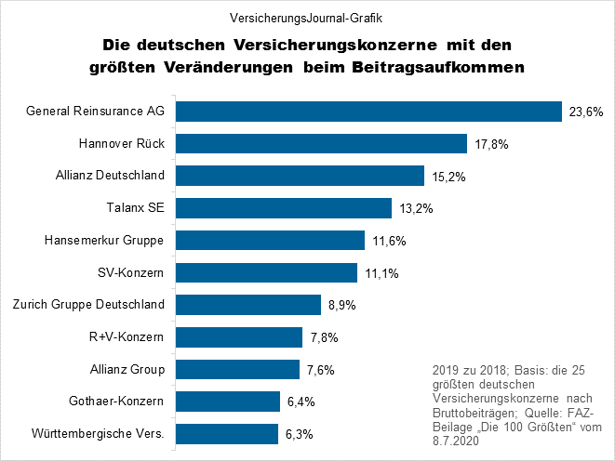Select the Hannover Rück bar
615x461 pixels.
click(321, 143)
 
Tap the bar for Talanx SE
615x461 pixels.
click(284, 207)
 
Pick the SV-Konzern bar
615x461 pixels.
click(266, 272)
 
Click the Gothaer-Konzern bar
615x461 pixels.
click(228, 402)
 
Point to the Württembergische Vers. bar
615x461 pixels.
click(227, 434)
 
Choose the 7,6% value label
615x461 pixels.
click(321, 370)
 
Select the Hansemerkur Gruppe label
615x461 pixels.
click(104, 240)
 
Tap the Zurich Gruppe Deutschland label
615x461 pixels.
click(88, 304)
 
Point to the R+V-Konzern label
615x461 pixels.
click(124, 336)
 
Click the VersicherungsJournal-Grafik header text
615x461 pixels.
click(307, 17)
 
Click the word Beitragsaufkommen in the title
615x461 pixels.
click(436, 67)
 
